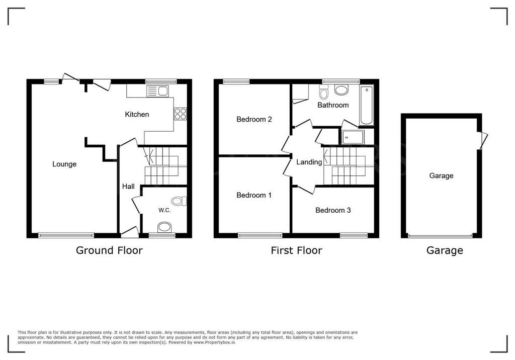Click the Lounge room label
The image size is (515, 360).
click(x=64, y=164)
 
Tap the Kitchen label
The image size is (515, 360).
click(x=137, y=114)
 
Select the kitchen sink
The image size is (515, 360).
click(x=157, y=91)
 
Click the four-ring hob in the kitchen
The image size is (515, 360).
click(x=181, y=114)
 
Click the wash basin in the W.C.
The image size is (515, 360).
click(x=164, y=227)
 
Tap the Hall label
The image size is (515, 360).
click(x=128, y=187)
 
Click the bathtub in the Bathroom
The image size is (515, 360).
click(x=367, y=106)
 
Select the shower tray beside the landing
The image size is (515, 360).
click(x=353, y=137)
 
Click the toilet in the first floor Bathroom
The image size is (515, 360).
click(x=323, y=92)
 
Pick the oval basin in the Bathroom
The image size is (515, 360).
click(x=341, y=89)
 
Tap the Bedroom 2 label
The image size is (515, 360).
click(x=254, y=119)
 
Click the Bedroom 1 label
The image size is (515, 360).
click(x=254, y=195)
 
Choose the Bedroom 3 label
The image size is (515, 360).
click(x=333, y=210)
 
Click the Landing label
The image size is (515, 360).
click(x=309, y=162)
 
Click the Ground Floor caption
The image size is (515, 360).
click(x=109, y=250)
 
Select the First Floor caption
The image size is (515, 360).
click(x=297, y=250)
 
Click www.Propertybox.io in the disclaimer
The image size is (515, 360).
click(x=214, y=342)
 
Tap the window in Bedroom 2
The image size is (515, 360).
click(x=236, y=81)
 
